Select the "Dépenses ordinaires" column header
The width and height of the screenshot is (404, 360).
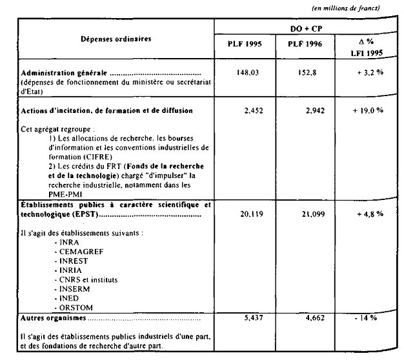click(x=116, y=39)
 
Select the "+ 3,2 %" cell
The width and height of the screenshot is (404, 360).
click(x=369, y=73)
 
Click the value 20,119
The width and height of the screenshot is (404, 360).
click(x=247, y=212)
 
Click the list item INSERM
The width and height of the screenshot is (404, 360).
click(x=74, y=290)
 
